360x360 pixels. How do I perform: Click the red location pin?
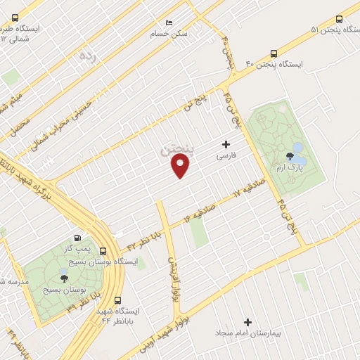pos(181,165)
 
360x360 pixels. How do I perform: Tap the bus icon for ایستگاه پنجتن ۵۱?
pos(339,20)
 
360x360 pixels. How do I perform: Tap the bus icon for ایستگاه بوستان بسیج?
pos(103,251)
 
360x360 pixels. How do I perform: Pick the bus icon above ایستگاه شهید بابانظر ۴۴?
pos(118,300)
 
